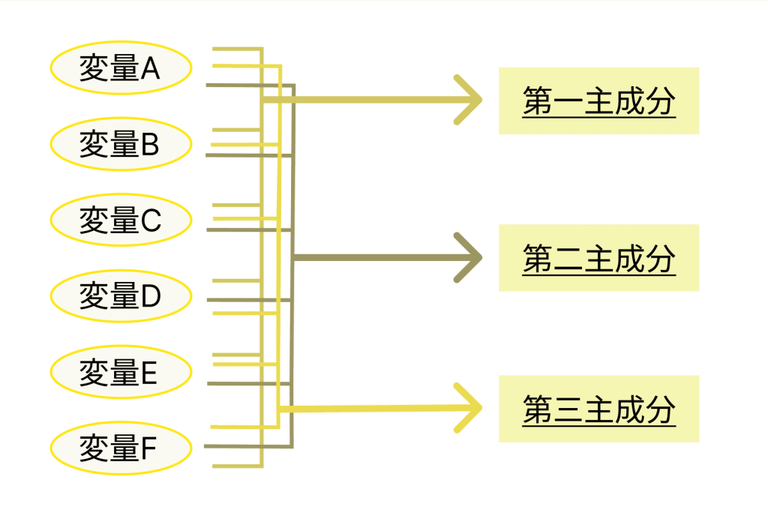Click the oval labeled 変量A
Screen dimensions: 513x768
(x=121, y=70)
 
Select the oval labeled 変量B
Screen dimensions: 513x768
(x=121, y=144)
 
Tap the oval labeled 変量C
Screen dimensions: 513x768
(x=121, y=220)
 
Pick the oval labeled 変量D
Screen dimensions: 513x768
(x=121, y=296)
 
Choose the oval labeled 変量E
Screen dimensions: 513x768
(x=121, y=372)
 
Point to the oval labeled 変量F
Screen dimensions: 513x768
(x=121, y=448)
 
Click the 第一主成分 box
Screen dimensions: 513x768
(x=598, y=101)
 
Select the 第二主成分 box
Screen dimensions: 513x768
(x=598, y=258)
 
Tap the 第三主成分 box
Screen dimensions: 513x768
(x=598, y=409)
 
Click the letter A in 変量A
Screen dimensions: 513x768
(x=150, y=70)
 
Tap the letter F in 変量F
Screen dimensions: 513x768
(x=148, y=448)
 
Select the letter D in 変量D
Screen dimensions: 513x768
(x=151, y=296)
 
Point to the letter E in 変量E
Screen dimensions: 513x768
(x=149, y=372)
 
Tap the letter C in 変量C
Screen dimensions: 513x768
(x=151, y=220)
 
